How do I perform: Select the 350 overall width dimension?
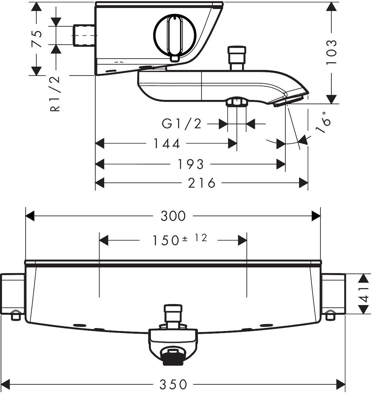click(174, 384)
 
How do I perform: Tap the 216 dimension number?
click(201, 183)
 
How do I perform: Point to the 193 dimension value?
click(190, 164)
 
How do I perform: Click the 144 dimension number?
click(167, 144)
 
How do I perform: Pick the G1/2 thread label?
click(182, 124)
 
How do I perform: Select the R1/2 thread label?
click(55, 94)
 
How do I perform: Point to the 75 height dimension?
click(37, 39)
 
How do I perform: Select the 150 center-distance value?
click(166, 240)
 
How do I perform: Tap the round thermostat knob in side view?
click(175, 36)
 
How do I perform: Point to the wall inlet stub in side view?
click(84, 35)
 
